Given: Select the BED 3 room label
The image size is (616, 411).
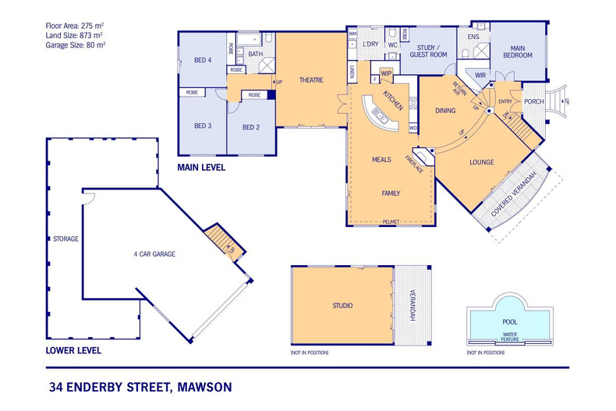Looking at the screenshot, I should [203, 126].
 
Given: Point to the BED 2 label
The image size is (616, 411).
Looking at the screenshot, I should [251, 126].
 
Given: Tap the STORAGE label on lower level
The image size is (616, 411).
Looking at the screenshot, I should [65, 238].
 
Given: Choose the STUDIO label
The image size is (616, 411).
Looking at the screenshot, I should [342, 306].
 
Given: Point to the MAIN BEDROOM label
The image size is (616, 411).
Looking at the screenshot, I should [517, 53].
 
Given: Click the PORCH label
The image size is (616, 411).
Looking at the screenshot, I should [534, 101].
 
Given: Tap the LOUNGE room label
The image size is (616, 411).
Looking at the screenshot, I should [484, 163].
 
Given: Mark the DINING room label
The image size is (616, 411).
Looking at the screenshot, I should [445, 111].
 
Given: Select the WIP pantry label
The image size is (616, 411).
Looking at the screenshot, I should [386, 73].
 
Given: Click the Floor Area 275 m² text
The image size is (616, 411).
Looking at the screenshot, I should [76, 25].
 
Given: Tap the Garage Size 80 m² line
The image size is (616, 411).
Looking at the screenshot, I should [76, 45].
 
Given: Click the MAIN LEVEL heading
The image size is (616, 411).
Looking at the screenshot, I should [201, 167].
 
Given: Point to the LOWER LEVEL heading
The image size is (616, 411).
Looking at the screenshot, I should [73, 351].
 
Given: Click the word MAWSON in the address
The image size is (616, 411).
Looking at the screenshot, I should [205, 386].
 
